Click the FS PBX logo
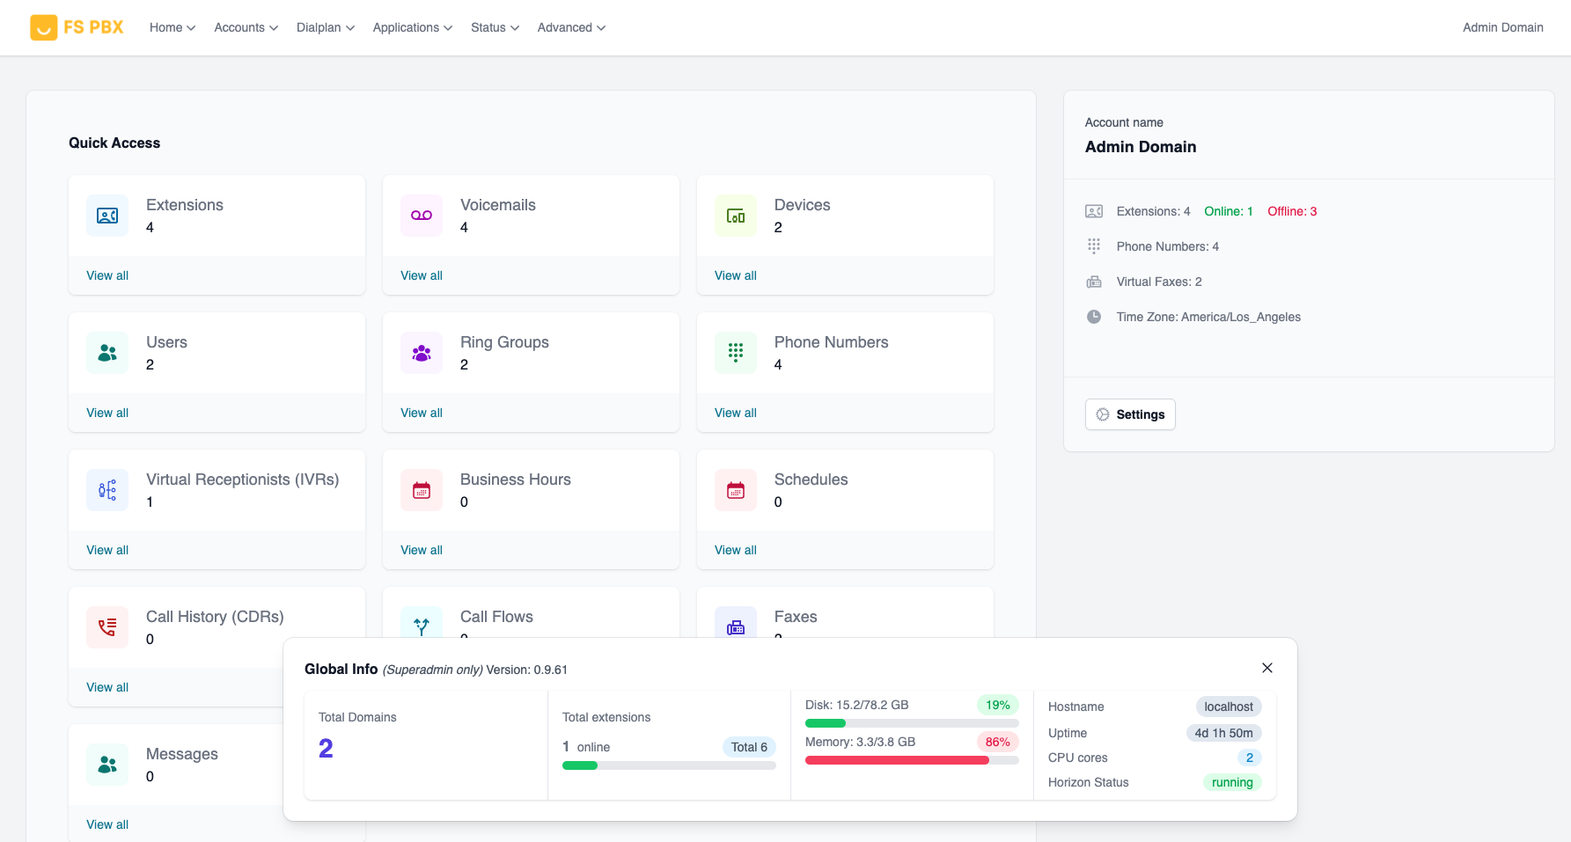77,27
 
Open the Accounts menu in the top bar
246,27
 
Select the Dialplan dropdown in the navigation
325,27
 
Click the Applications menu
412,27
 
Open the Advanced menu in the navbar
571,27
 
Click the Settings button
1130,414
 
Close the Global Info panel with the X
1267,668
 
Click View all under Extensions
107,275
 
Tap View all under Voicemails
422,275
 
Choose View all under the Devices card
736,275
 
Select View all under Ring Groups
422,413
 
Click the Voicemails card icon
422,216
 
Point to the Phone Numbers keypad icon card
736,353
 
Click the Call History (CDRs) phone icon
107,627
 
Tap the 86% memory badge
997,742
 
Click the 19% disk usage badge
997,705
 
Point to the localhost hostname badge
1229,707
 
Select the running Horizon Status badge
1232,782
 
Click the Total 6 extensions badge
749,747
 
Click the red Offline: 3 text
1292,211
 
